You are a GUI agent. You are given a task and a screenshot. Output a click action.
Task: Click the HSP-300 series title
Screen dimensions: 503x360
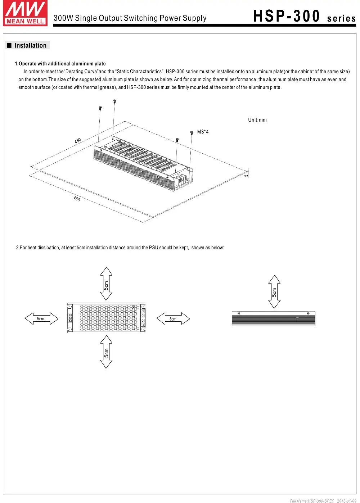click(x=304, y=17)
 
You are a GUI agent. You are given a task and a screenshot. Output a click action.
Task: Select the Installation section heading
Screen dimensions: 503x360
click(x=30, y=46)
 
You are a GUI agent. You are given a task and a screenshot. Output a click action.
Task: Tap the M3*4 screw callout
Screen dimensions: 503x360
click(x=203, y=132)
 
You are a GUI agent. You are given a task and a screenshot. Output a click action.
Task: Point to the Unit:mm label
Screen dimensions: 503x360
click(x=257, y=120)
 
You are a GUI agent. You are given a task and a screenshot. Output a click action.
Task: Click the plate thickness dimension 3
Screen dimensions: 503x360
click(x=246, y=175)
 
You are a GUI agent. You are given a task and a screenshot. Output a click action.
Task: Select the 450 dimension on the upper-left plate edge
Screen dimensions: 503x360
click(x=78, y=141)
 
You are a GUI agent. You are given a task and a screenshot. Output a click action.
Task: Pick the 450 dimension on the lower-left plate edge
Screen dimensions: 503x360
click(x=77, y=199)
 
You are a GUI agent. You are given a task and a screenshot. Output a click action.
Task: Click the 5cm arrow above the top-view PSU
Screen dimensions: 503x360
click(x=106, y=284)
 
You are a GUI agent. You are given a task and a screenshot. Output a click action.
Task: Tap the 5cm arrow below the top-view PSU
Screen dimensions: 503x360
click(x=106, y=352)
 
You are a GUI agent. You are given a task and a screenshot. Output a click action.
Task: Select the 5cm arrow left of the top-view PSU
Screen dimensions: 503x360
click(x=41, y=319)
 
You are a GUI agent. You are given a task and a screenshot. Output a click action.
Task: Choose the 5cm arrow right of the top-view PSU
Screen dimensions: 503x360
click(x=173, y=319)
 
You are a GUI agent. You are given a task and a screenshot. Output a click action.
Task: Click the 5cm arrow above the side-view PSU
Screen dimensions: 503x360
click(x=274, y=292)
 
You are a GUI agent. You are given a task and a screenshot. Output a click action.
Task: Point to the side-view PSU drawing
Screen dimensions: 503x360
click(x=273, y=319)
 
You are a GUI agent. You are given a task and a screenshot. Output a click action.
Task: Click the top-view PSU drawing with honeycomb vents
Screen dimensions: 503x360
click(x=106, y=318)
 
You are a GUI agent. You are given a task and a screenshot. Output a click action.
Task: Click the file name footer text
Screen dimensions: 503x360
click(x=323, y=500)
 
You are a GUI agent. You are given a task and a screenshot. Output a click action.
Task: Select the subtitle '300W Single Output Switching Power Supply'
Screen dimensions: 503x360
click(x=130, y=18)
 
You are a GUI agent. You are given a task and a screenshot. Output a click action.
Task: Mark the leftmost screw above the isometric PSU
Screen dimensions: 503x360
click(x=100, y=108)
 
